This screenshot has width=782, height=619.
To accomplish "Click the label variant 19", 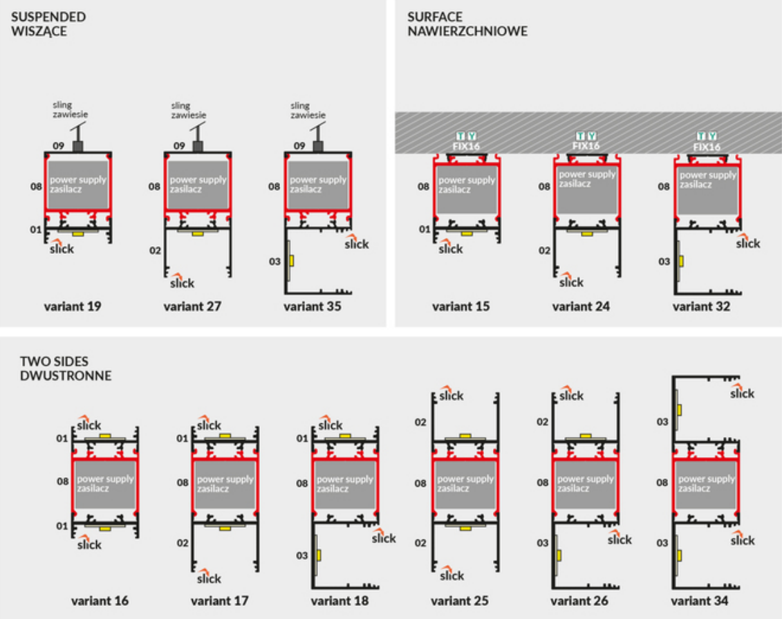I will [73, 306].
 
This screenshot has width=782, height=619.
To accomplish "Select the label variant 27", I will [192, 306].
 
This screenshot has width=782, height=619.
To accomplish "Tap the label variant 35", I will [312, 306].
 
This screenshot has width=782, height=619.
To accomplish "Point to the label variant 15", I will [461, 306].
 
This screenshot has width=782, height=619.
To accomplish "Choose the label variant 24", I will [581, 306].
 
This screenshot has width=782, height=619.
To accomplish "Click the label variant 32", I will [701, 306].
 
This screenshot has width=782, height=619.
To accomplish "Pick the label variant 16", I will [100, 601].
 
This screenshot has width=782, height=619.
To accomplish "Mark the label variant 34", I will [700, 601].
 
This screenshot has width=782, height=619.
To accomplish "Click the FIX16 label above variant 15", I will [467, 146].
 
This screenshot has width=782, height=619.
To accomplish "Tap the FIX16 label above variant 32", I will [707, 146].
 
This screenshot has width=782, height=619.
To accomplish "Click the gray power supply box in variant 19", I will [78, 184].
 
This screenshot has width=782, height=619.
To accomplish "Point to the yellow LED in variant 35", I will [292, 261].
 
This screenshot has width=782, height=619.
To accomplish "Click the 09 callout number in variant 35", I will [299, 146].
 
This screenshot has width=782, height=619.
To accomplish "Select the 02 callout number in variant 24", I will [544, 250].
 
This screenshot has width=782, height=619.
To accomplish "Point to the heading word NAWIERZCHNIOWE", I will [467, 31].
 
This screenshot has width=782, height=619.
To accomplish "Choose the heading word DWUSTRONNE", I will [66, 376].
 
